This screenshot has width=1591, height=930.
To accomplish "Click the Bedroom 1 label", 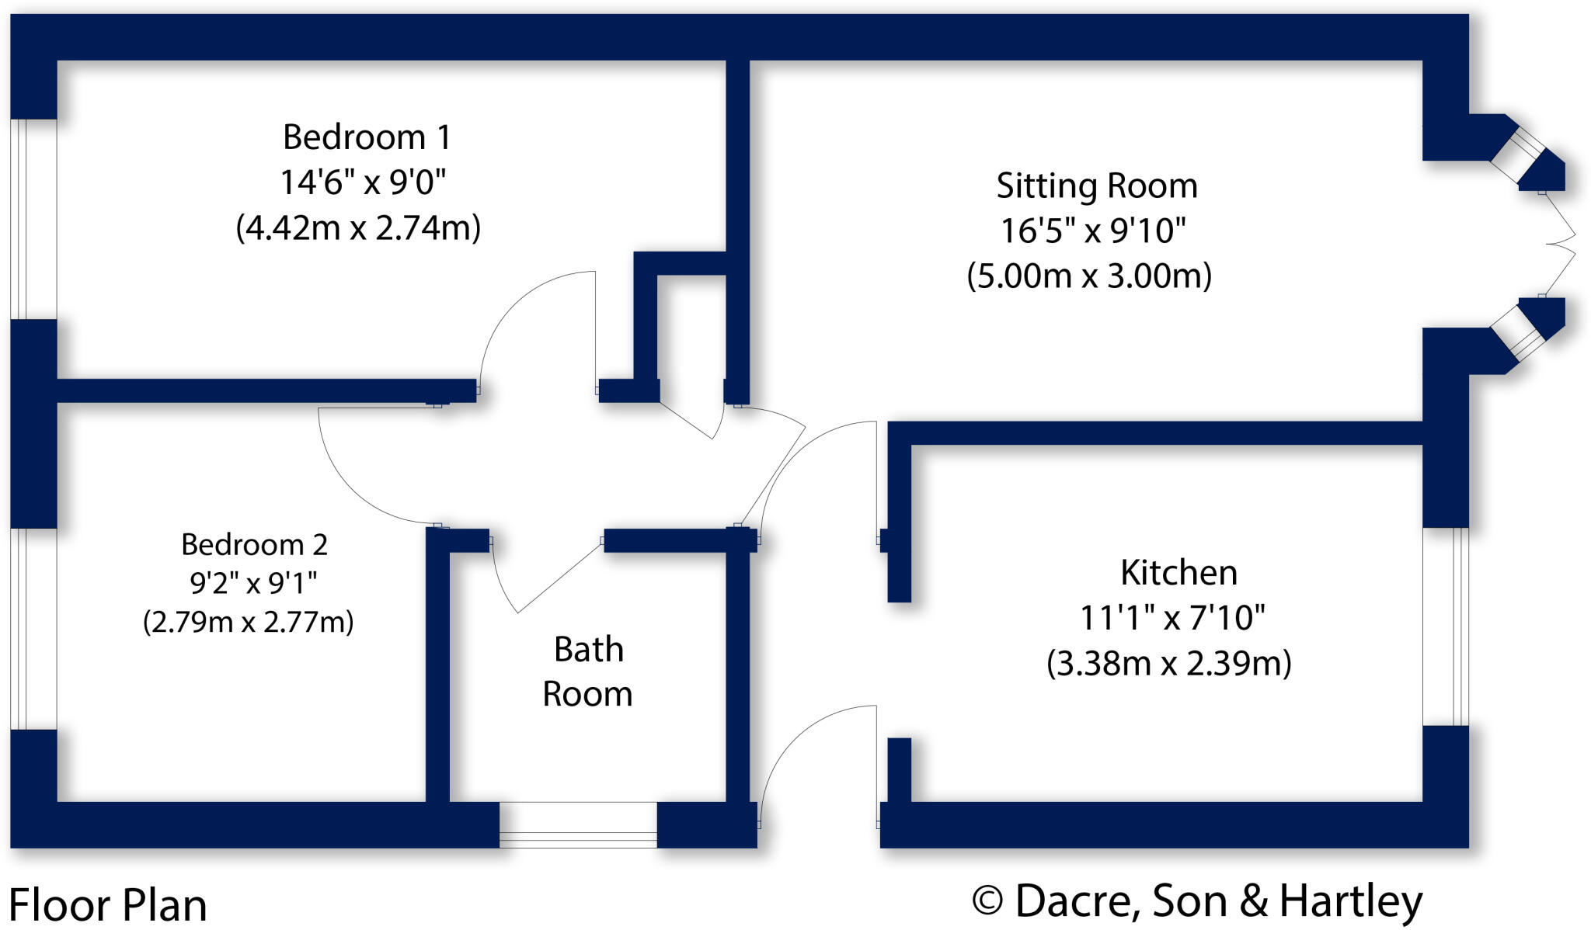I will (366, 137).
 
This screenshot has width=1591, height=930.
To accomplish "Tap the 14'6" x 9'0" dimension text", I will (362, 183).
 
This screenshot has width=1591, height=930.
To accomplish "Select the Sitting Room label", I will (1096, 186).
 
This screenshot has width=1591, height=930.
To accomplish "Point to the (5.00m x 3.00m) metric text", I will (1089, 276).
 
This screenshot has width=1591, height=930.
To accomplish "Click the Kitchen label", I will (1178, 573).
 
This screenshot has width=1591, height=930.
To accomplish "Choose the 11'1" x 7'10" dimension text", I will (1171, 619).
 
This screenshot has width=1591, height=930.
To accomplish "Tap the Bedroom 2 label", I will (254, 544).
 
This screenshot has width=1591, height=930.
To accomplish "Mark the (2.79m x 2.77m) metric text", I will (248, 622).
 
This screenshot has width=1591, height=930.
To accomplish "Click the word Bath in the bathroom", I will (588, 650).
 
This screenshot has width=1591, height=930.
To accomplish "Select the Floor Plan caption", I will (108, 905).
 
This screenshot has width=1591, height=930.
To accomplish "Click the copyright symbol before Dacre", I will (987, 902).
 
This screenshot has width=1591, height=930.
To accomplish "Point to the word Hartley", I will (1350, 902).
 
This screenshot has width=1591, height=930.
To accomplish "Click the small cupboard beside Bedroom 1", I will (691, 326).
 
